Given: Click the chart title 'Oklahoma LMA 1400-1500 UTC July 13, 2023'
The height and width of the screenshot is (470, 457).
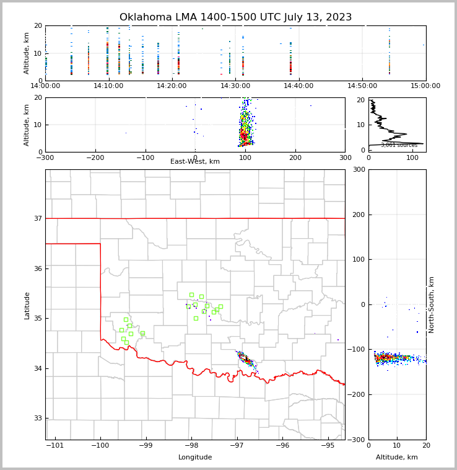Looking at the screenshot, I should pos(235,17).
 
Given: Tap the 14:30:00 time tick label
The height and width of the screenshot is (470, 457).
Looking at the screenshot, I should pos(235,86).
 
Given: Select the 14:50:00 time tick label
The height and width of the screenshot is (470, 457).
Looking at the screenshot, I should pos(362,86).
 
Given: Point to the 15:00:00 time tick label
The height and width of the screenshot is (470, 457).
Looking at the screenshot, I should pos(425,86).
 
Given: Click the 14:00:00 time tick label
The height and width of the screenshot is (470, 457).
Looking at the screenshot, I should pos(45,86).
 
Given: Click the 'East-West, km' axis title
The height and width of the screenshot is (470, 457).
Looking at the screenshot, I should pos(195,162).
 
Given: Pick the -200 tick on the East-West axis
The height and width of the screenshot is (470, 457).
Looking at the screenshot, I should pos(95,157).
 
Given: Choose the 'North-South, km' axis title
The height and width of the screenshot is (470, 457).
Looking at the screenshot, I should pos(432,304).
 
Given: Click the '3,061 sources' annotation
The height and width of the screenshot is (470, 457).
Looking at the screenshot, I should pos(399,145).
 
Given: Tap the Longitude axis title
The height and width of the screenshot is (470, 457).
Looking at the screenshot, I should pos(195,458).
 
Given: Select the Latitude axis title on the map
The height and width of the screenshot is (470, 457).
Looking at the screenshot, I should pos(27,305).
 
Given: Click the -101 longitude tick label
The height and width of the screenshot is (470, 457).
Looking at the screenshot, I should pos(55,445).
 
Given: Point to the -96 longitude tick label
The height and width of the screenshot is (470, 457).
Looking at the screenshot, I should pos(282,445).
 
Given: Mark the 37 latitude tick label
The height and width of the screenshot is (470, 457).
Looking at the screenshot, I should pos(37,218).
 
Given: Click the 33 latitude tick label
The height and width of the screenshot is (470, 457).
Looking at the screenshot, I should pos(37,419).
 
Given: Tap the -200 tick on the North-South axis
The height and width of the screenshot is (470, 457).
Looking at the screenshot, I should pos(358,395).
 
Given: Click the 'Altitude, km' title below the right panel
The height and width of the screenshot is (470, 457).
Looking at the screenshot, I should pos(397,458).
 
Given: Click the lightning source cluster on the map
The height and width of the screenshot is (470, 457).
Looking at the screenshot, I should pos(246,359).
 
